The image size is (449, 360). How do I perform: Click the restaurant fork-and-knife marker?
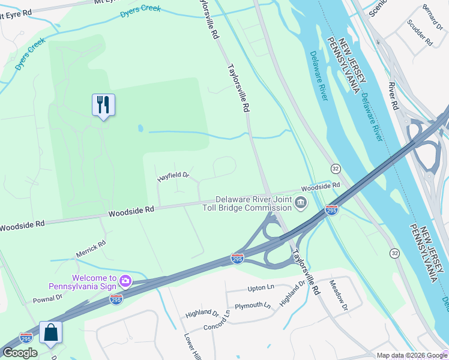(103, 105)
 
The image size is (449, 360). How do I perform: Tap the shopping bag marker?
(51, 332)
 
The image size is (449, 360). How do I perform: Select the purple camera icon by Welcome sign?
(125, 280)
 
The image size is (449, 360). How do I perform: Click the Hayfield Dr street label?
(173, 176)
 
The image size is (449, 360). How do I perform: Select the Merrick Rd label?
(91, 249)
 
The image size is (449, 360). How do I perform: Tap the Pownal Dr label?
(47, 298)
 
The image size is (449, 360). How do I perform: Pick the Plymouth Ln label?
(252, 306)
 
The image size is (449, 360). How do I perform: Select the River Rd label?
(393, 95)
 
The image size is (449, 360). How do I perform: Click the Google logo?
(20, 353)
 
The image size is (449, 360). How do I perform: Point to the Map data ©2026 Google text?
(412, 355)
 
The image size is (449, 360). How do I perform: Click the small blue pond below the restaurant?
(140, 128)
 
